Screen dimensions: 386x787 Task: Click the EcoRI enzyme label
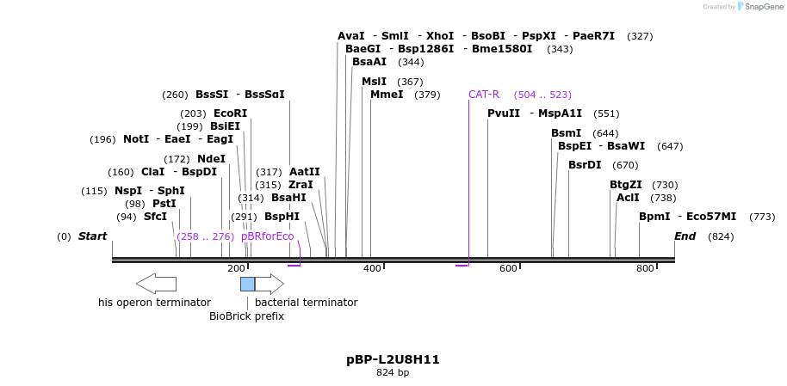[x=230, y=113]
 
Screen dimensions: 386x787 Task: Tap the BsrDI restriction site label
[x=585, y=165]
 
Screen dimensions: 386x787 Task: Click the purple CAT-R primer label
[x=484, y=95]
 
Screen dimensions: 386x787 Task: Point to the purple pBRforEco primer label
[x=267, y=236]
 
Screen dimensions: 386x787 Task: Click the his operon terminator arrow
[x=156, y=284]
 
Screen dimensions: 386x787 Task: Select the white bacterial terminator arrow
[x=270, y=284]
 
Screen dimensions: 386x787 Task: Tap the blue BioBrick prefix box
[x=247, y=284]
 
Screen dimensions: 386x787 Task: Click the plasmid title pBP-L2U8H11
[x=393, y=359]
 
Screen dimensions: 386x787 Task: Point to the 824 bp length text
[x=393, y=373]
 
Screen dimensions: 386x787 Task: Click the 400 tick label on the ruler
[x=372, y=269]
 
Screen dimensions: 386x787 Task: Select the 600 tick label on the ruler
[x=508, y=269]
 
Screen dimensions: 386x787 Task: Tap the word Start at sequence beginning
[x=93, y=236]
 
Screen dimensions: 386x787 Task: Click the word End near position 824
[x=685, y=236]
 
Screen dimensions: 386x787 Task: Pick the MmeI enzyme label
[x=387, y=95]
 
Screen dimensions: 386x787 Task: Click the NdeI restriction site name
[x=211, y=159]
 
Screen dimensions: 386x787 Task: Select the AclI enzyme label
[x=628, y=198]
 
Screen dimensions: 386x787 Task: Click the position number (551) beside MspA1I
[x=606, y=113]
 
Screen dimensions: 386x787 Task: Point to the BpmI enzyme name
[x=654, y=217]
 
